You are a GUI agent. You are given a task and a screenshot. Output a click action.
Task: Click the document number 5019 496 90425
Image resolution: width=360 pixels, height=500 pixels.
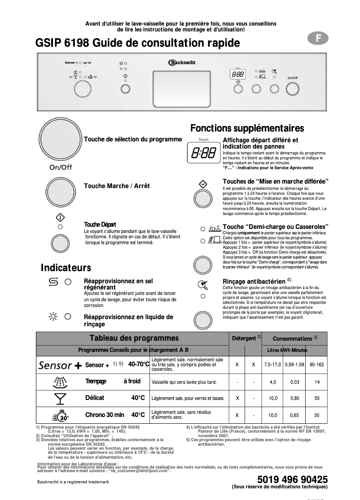(x=292, y=479)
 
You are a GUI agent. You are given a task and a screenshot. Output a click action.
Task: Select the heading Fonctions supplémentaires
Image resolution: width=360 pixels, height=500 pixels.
(x=247, y=128)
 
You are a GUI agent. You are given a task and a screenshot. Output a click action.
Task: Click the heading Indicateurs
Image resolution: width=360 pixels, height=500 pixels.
(x=66, y=268)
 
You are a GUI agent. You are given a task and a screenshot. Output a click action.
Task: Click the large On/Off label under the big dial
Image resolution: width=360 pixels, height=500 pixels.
(x=61, y=167)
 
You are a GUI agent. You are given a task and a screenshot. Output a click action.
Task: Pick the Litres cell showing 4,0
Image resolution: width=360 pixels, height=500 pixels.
(x=272, y=382)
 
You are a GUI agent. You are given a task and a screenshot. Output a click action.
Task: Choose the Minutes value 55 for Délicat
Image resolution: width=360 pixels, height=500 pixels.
(x=317, y=398)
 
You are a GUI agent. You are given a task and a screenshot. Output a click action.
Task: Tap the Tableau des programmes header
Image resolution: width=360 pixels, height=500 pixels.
(x=134, y=338)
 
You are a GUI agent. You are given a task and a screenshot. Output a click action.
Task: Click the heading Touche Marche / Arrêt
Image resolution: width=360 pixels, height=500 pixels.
(x=117, y=186)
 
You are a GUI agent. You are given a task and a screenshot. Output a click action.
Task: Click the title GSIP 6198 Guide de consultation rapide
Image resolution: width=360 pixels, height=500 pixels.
(x=135, y=43)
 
